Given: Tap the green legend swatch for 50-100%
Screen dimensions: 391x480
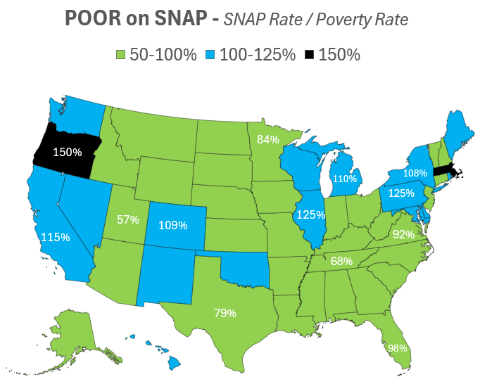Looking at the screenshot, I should [120, 55].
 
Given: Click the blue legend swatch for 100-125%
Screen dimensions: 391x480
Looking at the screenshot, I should [211, 55].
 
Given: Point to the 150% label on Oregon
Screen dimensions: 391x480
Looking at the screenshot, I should [68, 152].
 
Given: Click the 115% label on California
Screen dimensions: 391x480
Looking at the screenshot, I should [56, 238].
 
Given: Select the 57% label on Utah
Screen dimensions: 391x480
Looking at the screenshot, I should [128, 219].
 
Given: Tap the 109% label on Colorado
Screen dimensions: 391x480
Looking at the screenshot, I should [173, 226].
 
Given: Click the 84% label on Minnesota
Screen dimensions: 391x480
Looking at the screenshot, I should [268, 139].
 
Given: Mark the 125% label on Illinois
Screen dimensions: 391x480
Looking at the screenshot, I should [310, 214].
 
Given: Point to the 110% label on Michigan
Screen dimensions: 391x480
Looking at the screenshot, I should [345, 179].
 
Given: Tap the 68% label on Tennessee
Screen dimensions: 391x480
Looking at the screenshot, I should [341, 261].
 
